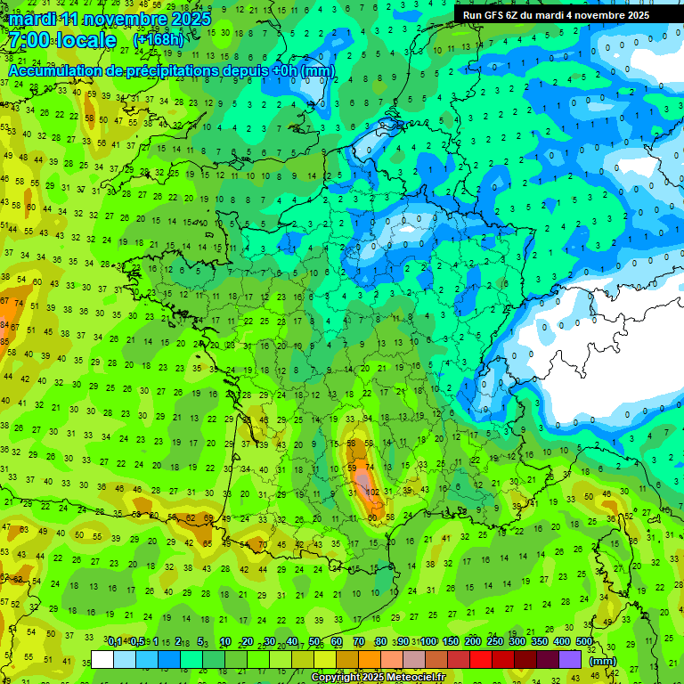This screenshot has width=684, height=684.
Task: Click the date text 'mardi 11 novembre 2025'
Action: tap(110, 19)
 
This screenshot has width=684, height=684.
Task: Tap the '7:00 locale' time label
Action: tap(62, 40)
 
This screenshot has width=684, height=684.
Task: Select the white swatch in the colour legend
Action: tap(102, 659)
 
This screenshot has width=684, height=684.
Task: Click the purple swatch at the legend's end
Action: tap(571, 659)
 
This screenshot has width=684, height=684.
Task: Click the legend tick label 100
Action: tap(428, 642)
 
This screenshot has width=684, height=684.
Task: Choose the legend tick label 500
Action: tap(584, 642)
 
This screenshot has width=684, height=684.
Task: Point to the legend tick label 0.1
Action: tap(115, 642)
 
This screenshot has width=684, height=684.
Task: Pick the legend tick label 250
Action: tap(495, 642)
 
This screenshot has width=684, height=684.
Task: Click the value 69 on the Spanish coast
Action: tap(208, 517)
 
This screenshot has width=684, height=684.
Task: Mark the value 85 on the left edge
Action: tap(4, 326)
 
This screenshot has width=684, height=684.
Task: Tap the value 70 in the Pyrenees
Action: tap(263, 544)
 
